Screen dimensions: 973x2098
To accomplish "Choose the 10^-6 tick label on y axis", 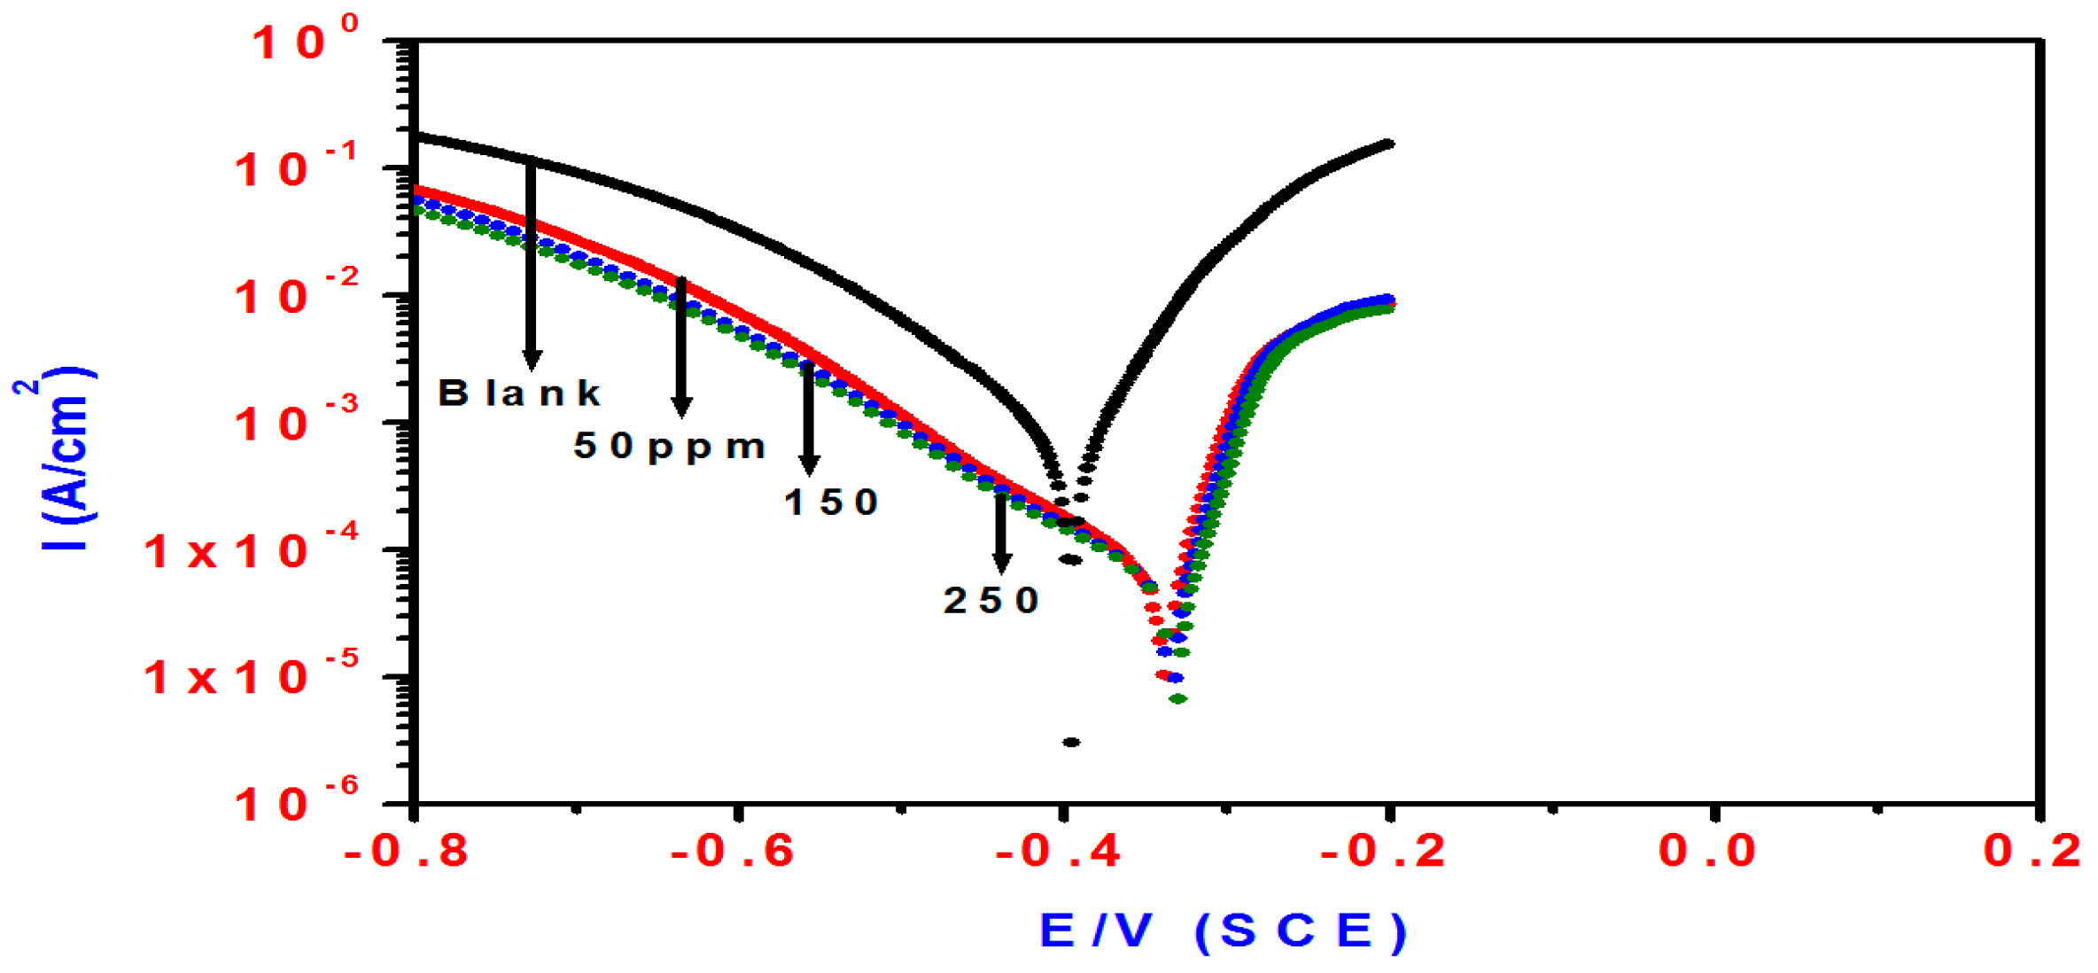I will [x=296, y=803].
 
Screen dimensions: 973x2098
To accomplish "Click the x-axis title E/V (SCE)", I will [x=1223, y=930].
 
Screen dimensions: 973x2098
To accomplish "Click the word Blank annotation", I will [x=519, y=393].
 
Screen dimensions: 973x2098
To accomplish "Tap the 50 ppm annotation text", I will [x=670, y=446].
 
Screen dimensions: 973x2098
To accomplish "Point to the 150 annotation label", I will [x=831, y=502].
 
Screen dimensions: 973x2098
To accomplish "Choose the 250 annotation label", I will [x=991, y=601].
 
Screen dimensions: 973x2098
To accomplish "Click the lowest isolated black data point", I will [x=1071, y=742].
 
